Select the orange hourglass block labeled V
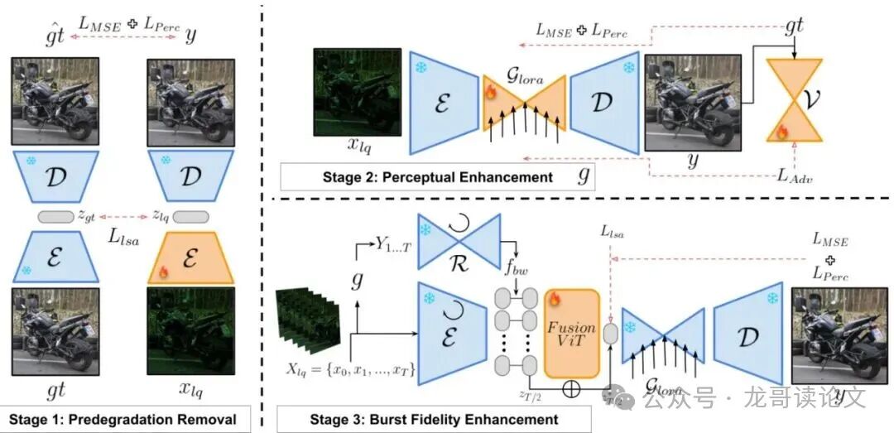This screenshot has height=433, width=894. pos(795,103)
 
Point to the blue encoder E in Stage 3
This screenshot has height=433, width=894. pos(450,334)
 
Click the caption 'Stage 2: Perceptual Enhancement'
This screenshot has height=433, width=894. pos(437,177)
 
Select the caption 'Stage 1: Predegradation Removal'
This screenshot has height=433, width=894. pos(129,418)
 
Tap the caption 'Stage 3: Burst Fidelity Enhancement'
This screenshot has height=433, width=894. pos(434,419)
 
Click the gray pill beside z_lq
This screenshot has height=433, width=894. pos(191,216)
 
